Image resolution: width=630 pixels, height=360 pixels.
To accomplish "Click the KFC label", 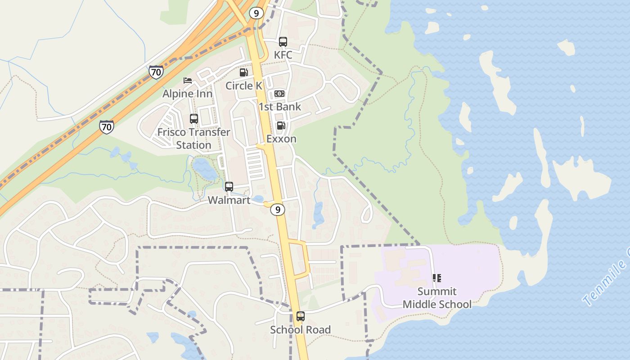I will [283, 55].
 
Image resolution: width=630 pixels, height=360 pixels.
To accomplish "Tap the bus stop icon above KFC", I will [283, 42].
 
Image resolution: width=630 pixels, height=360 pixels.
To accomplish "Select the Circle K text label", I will [244, 85].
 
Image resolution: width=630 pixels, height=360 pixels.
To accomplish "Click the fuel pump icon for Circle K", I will [243, 72].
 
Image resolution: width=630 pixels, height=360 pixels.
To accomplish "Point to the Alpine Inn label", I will [188, 94].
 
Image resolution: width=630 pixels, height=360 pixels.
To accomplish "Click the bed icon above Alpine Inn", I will [188, 81].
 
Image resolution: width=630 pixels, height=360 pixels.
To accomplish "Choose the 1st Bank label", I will [279, 107].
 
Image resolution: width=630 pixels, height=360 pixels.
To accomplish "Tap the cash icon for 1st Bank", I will [279, 94].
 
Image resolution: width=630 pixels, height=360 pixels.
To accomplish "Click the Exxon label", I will [281, 139].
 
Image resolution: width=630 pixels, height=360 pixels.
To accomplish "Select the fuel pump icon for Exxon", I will [281, 126].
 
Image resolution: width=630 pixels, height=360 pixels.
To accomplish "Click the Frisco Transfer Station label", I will [193, 139].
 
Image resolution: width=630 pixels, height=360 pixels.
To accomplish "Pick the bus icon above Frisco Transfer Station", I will [194, 119].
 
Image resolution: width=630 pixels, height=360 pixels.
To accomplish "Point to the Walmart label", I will [229, 200].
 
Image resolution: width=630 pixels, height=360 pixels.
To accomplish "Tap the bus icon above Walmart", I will [229, 187].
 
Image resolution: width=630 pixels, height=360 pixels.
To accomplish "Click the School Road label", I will [300, 329].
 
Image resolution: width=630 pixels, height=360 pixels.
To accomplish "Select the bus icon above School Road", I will [300, 316].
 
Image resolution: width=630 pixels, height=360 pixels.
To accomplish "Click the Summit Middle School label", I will [437, 298].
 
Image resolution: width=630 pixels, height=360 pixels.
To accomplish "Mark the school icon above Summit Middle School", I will [437, 278].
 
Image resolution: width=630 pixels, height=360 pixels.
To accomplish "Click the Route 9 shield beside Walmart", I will [278, 209].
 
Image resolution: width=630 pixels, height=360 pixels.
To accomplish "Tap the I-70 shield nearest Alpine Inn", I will [156, 72].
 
